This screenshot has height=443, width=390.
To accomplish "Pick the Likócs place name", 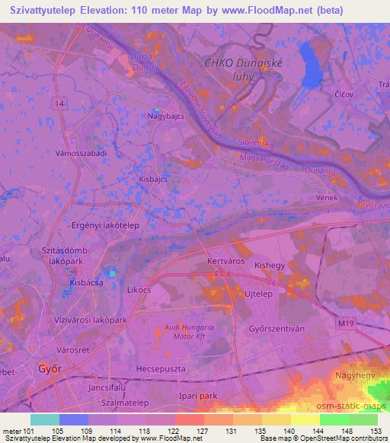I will pyautogui.click(x=140, y=292).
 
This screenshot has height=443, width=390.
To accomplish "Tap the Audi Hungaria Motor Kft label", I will pyautogui.click(x=189, y=330).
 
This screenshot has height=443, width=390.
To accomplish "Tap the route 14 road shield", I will pyautogui.click(x=61, y=101).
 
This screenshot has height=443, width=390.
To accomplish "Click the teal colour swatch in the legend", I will pyautogui.click(x=45, y=419).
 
